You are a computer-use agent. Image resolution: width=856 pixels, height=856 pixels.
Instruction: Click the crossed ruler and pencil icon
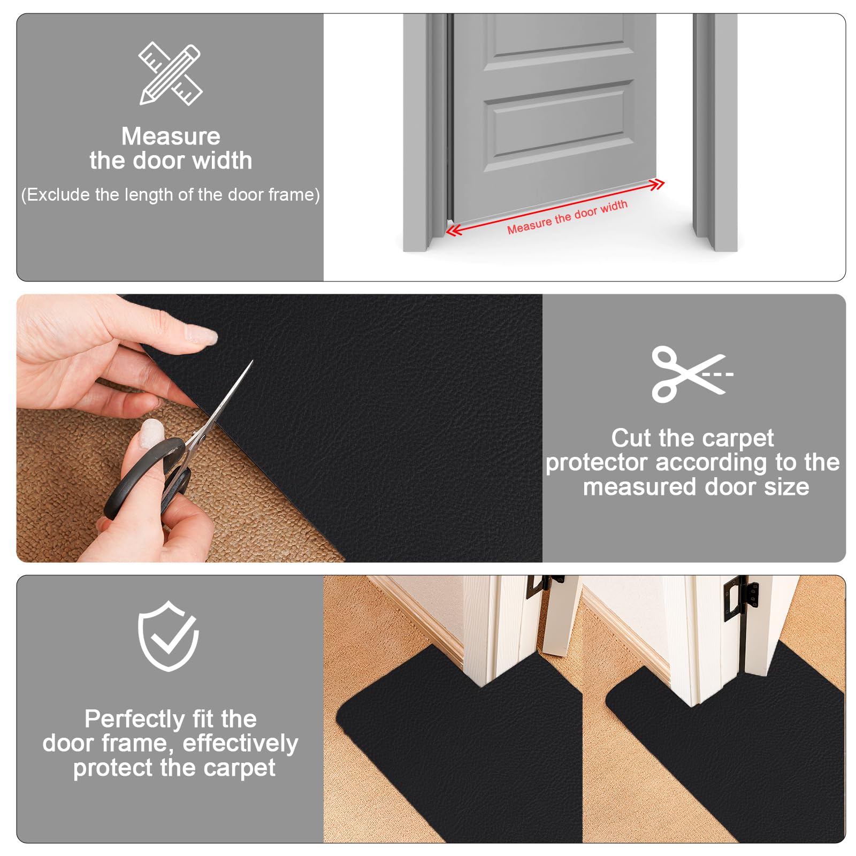point(170,74)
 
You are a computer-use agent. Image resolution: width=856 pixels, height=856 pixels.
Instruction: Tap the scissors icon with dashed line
point(692,374)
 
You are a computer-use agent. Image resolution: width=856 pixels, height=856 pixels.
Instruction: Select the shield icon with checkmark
point(169,636)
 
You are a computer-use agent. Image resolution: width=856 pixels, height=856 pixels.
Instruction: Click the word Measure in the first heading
point(171,136)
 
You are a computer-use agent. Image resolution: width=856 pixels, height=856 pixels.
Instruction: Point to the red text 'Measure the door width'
point(567,217)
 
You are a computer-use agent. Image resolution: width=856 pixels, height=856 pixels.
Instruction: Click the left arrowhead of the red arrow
point(454,231)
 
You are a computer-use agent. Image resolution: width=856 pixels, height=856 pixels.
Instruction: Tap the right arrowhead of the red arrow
point(657,185)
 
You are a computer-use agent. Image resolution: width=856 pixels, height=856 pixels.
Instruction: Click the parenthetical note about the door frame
point(171,195)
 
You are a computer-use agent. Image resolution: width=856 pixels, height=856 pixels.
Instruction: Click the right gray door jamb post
point(715,132)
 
